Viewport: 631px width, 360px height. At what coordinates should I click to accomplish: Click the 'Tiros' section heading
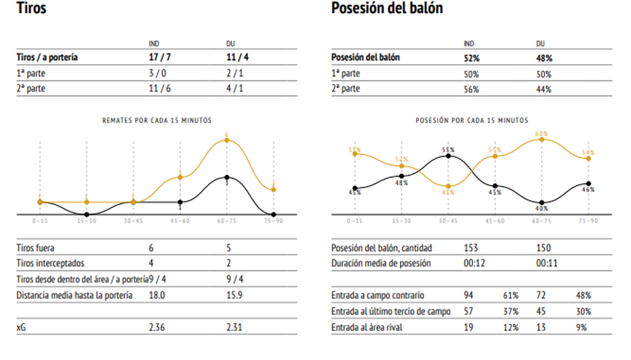(x=29, y=9)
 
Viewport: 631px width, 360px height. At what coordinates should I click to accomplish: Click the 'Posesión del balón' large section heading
(x=387, y=9)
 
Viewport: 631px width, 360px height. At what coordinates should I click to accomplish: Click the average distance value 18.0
(x=156, y=296)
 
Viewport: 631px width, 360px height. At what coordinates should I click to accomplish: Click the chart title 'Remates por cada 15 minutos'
(x=156, y=120)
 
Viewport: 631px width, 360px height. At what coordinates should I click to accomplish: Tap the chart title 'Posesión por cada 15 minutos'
(x=472, y=120)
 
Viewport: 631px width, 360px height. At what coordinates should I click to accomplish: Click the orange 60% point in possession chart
(x=542, y=139)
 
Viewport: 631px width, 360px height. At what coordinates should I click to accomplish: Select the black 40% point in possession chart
(x=542, y=202)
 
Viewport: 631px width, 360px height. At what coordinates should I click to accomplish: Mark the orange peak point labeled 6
(x=227, y=139)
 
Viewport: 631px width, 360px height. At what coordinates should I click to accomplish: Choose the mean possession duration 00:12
(x=473, y=263)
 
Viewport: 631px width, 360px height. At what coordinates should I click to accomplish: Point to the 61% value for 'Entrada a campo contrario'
(x=510, y=294)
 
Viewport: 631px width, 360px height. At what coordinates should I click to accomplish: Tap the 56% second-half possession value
(x=471, y=89)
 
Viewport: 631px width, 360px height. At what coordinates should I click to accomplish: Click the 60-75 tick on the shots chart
(x=227, y=221)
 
